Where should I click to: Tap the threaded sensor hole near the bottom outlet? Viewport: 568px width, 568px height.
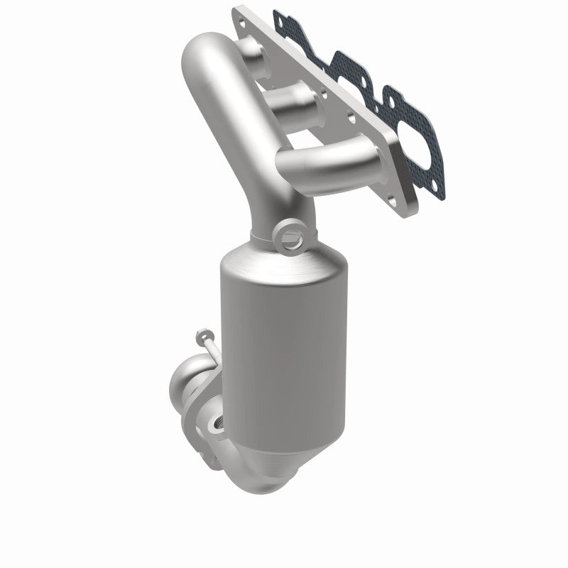(214, 428)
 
